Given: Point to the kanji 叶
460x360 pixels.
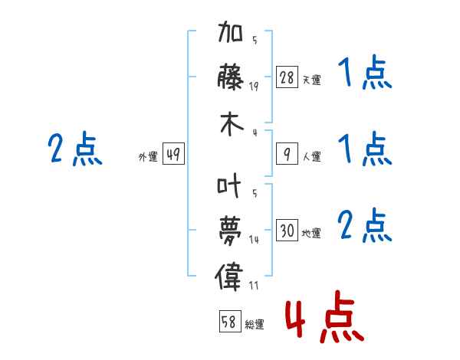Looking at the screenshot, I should [x=231, y=186].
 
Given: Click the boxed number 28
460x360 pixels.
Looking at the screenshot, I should [x=287, y=77].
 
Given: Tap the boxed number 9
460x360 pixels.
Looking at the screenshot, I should [x=287, y=155].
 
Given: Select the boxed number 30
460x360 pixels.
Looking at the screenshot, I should [x=287, y=231].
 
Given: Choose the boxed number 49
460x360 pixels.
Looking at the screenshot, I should [x=173, y=155].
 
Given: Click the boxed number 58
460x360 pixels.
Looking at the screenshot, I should [x=229, y=322].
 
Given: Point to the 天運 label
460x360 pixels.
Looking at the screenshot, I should [x=311, y=80].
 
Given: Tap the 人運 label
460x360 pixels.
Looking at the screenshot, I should [x=311, y=157].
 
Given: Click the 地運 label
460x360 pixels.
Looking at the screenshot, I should [x=311, y=234].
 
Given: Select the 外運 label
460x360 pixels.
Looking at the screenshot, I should [x=147, y=157].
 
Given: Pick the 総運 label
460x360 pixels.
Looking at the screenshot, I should [x=255, y=325].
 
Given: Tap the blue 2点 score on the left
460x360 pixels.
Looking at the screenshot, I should [x=74, y=149].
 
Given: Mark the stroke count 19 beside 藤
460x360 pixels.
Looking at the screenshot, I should [x=254, y=87].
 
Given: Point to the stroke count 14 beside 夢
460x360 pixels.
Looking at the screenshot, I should [x=254, y=239].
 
